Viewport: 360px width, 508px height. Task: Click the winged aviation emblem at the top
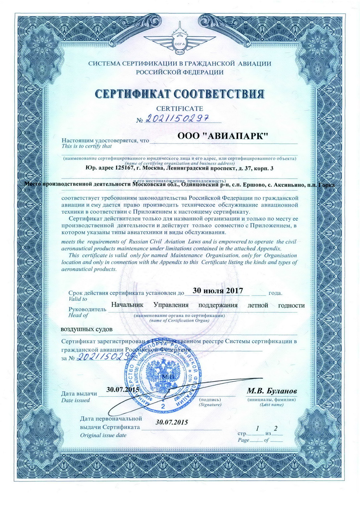coord(180,37)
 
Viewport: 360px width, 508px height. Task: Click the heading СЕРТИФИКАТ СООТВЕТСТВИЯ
coord(180,94)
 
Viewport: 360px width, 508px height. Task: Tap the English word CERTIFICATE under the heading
coord(179,108)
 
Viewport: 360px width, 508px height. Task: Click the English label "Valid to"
coord(78,299)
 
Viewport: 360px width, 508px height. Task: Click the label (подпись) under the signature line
coord(210,400)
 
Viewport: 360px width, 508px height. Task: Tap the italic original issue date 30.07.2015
coord(172,422)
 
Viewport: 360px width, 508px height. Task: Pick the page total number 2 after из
coord(276,429)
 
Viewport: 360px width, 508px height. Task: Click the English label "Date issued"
coord(76,400)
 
